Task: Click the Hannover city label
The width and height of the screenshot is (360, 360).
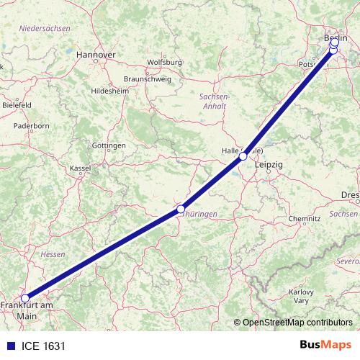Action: point(96,54)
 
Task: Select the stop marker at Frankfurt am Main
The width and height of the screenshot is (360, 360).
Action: point(25,298)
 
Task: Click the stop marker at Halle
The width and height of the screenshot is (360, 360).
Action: point(243,156)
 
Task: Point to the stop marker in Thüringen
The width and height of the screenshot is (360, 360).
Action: point(181,210)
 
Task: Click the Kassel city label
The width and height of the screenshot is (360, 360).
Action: point(81,168)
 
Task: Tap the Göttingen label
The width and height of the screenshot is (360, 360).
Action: point(109,145)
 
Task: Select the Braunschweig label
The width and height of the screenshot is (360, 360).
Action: point(148,78)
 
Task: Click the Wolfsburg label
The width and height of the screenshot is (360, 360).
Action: point(164,63)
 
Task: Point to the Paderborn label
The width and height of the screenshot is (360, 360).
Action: point(31,125)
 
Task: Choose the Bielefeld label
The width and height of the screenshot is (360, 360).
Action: point(17,104)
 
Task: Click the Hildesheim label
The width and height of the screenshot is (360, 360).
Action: point(109,91)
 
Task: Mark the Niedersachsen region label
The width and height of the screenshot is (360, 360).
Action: point(45,27)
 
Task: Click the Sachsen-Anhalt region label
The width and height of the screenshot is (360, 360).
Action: point(214,101)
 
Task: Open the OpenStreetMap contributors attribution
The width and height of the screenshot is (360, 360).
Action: point(297,323)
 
